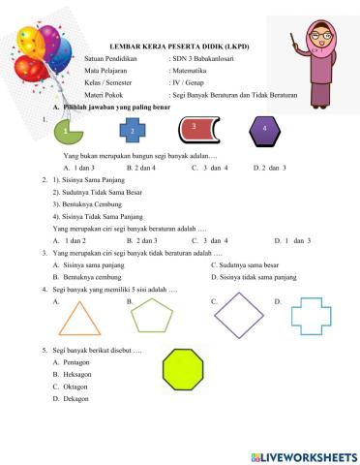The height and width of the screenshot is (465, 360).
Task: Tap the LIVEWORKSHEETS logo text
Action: tap(308, 453)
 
